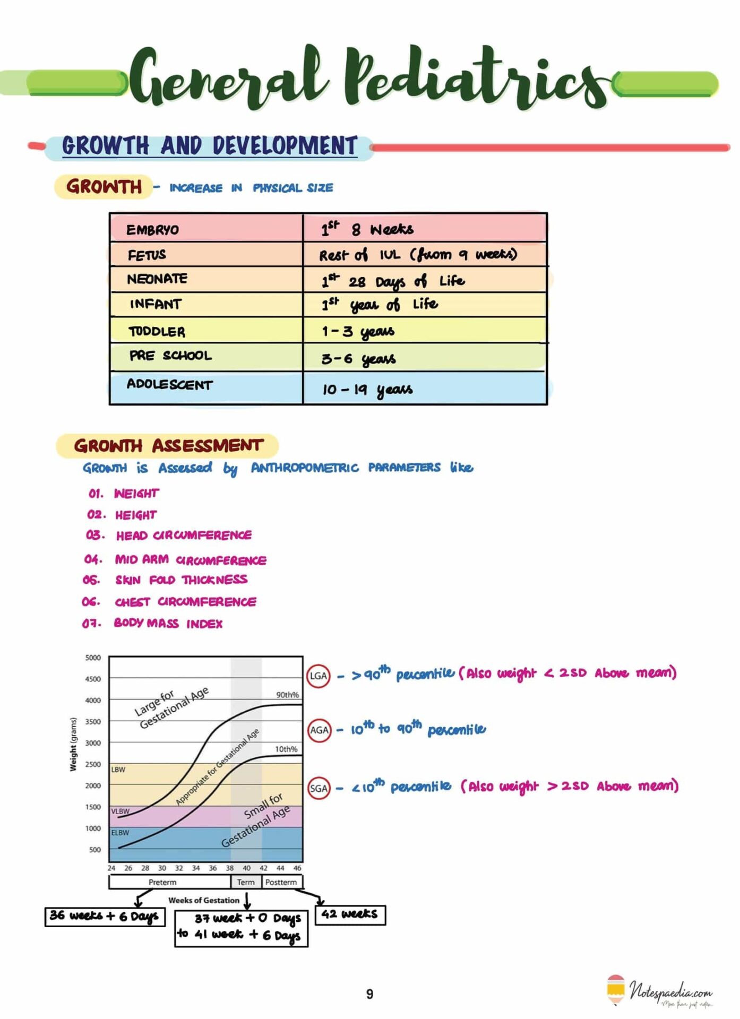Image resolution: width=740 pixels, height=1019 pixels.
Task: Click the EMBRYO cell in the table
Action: pos(153,230)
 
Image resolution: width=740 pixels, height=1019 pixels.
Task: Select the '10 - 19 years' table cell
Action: pos(367,390)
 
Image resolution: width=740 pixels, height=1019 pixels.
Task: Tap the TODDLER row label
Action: pos(157,332)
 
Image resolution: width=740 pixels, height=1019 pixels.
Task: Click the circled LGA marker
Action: pos(319,676)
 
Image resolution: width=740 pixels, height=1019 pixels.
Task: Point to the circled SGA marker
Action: pos(319,788)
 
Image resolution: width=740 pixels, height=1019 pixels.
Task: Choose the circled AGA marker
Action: pos(319,730)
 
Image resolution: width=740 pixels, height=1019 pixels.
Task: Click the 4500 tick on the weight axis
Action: pos(93,679)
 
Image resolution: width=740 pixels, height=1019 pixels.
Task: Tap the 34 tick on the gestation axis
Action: pos(196,868)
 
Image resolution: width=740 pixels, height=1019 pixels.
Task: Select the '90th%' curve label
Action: pos(287,695)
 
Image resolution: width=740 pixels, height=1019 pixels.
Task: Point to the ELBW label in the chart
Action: pos(120,833)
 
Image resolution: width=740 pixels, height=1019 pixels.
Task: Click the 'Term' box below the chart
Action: pos(246,882)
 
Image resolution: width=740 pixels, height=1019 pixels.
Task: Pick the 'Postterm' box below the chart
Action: pos(281,882)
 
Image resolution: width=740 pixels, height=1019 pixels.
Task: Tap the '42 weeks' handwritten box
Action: pos(350,914)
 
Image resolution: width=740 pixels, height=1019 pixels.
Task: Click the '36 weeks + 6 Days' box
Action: pos(105,916)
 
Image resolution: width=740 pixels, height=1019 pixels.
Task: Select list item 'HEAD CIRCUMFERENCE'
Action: pos(184,536)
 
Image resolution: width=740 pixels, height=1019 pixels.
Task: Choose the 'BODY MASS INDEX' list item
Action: pos(168,624)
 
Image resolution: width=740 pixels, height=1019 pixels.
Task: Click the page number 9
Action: pos(369,994)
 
